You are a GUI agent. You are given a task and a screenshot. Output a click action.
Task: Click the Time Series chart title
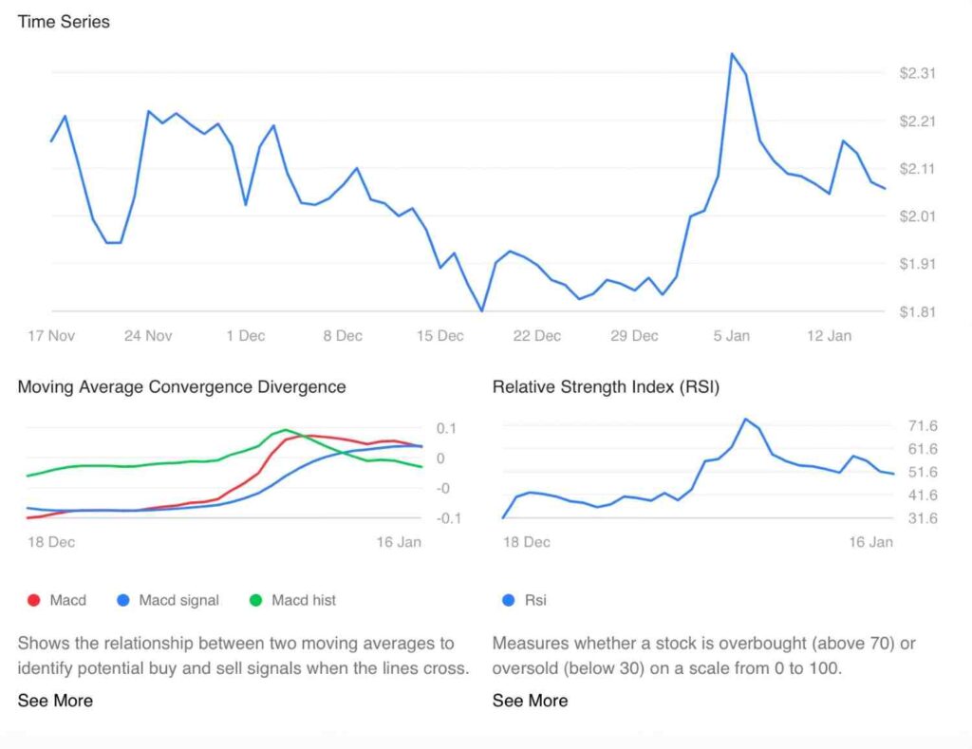64,21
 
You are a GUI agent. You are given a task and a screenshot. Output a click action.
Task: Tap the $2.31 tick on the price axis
917,73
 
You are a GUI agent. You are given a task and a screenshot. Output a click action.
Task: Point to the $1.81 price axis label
917,311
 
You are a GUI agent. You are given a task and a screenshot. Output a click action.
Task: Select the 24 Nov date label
148,335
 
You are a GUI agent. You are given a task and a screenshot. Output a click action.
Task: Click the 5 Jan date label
731,335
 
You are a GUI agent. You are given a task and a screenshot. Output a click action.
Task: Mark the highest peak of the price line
731,54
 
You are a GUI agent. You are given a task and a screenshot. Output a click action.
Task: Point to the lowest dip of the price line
482,310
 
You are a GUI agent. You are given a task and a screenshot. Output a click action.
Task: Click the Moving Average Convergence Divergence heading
181,386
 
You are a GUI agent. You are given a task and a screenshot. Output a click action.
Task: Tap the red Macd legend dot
34,600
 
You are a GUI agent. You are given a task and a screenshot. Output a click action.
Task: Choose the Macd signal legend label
178,600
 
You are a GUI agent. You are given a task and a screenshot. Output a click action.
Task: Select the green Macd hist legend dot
255,600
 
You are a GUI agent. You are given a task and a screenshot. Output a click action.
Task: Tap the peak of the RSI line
746,419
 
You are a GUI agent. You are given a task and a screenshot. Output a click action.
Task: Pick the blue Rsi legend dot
509,600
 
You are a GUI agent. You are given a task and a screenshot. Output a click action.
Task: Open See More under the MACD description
55,701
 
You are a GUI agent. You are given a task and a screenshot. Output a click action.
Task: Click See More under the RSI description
530,701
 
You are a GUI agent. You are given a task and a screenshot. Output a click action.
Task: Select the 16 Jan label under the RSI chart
870,542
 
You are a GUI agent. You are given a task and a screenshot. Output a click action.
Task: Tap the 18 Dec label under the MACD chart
51,542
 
